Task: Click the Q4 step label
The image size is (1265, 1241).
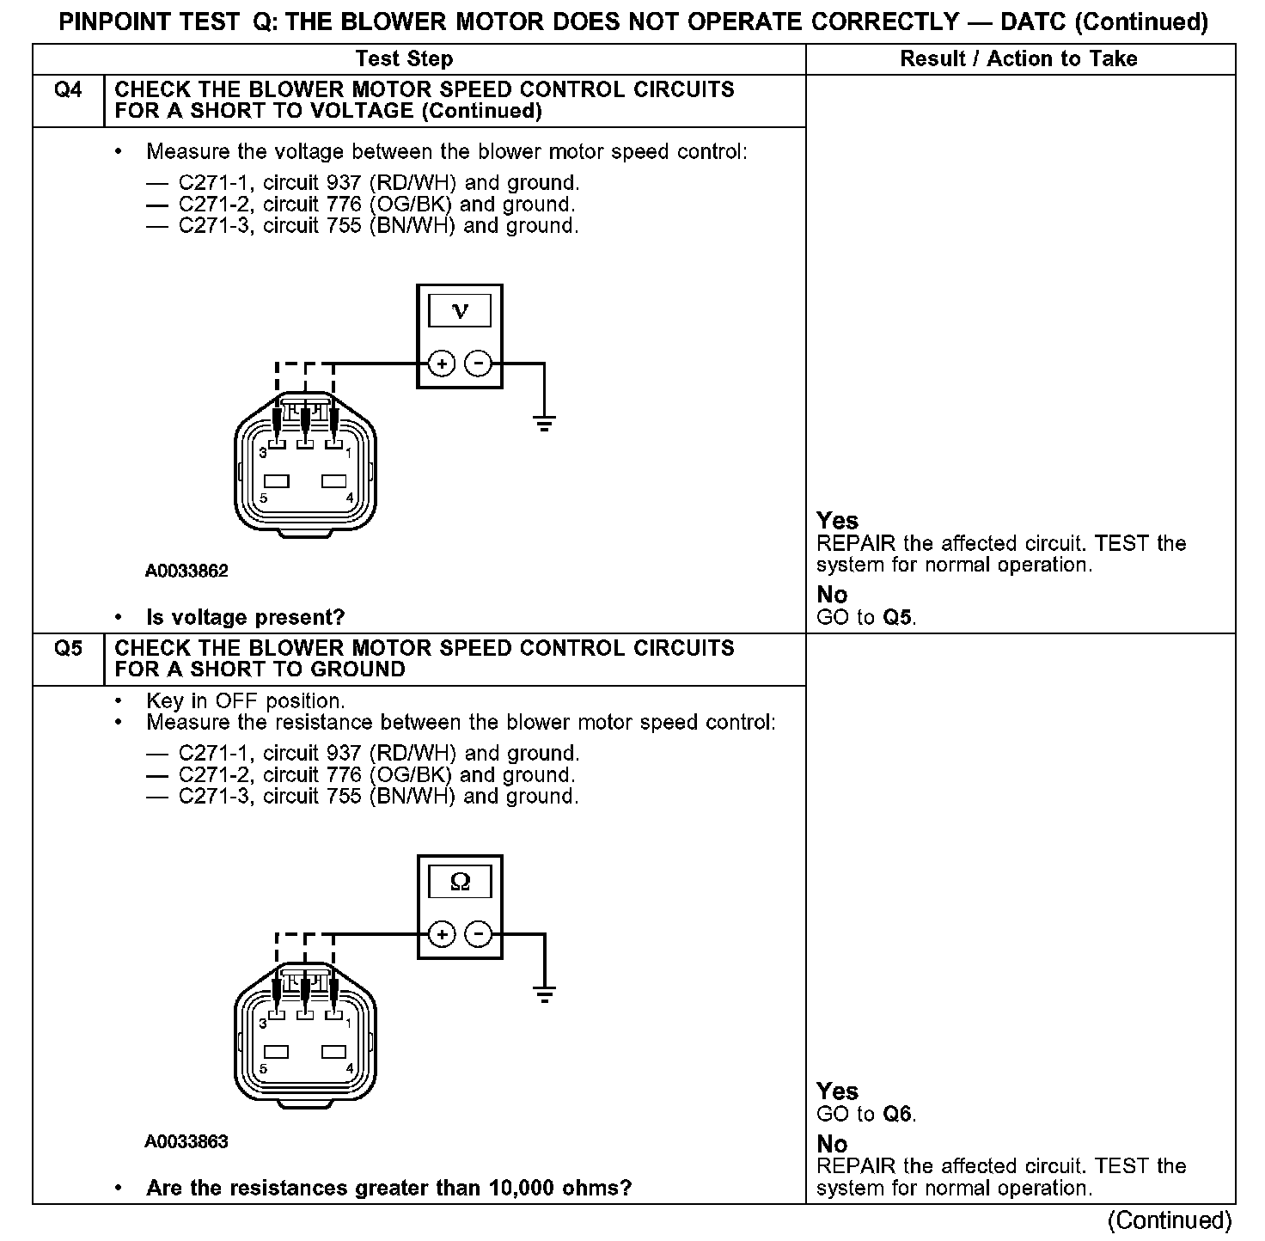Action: pos(68,90)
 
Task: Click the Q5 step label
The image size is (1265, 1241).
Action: pos(68,648)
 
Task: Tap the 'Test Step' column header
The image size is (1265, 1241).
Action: pos(404,58)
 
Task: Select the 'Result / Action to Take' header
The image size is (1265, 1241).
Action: pos(1018,58)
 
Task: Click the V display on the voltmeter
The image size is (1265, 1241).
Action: pos(460,311)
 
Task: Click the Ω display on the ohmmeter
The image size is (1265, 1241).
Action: pos(460,882)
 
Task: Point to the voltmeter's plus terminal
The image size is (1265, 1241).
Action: pos(442,364)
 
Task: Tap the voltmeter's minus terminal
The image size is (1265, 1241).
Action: pos(478,364)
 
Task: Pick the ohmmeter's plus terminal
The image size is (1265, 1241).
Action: pos(442,934)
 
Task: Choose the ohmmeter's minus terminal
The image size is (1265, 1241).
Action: pos(478,934)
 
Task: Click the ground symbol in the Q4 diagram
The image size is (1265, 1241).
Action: pos(544,422)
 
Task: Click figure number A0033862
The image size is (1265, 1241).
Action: pos(186,571)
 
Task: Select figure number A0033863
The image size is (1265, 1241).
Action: pos(186,1141)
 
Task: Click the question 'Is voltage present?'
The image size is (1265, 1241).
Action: pos(246,617)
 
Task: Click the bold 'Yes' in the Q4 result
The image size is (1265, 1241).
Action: pos(837,520)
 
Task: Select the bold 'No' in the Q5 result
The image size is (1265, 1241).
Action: pos(832,1144)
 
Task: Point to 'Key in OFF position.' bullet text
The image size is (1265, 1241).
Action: pos(246,700)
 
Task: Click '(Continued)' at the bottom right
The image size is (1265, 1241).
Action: pos(1170,1220)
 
